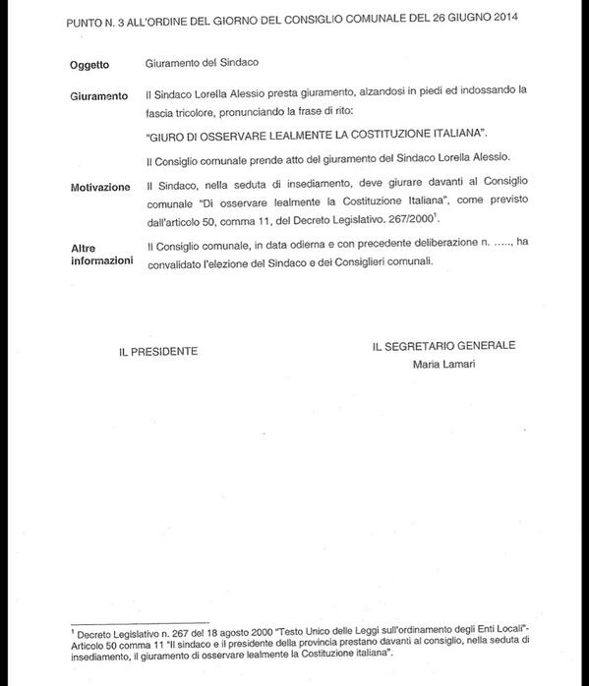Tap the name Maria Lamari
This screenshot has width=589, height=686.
point(443,365)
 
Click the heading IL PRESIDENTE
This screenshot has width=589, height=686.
point(158,350)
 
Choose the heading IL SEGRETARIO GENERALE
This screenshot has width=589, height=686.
point(443,346)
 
